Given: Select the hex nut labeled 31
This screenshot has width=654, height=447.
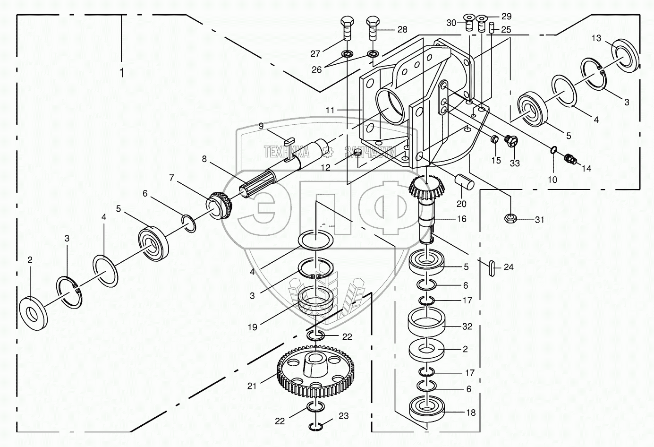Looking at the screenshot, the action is point(510,219).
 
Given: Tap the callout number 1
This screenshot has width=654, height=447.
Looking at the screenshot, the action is point(122,73).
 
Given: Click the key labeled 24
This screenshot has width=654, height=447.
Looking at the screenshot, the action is point(492,267).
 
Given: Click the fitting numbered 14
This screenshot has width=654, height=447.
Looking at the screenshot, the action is point(570,159).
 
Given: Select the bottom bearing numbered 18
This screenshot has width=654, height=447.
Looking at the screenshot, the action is point(429,407).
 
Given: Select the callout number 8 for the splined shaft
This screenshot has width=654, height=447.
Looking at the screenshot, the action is point(204,159).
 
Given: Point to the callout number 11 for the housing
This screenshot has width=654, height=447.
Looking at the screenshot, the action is point(330,110).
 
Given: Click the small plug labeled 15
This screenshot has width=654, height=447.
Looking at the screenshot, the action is point(494,140).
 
